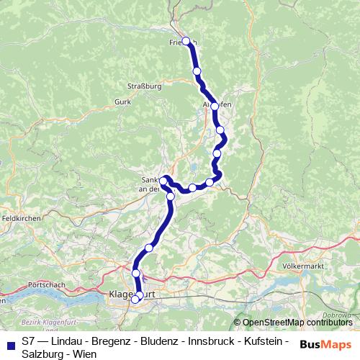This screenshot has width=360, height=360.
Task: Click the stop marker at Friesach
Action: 186,41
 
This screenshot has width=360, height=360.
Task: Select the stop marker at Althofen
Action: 215,106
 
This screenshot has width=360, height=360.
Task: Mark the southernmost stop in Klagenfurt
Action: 135,300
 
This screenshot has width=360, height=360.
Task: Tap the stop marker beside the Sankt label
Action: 164,180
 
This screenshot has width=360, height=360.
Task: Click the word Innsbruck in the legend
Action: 200,341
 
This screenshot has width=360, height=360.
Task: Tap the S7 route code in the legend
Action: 28,341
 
